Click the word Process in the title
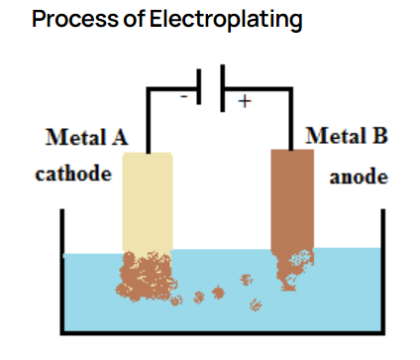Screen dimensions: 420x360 tap(75, 19)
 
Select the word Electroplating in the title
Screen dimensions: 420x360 tap(226, 20)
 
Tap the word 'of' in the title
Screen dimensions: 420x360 tap(134, 19)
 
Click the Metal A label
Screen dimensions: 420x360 tap(86, 137)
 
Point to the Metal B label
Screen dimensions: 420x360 tap(347, 136)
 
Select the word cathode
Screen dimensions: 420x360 tap(73, 174)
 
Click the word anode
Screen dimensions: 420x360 tap(359, 177)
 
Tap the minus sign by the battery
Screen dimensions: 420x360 tap(184, 96)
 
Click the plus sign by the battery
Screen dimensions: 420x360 tap(245, 101)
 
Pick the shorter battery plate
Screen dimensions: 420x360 tap(199, 86)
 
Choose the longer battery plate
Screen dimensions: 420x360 tap(223, 88)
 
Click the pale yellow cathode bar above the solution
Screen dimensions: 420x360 tap(148, 202)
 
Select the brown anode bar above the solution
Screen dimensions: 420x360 tap(292, 199)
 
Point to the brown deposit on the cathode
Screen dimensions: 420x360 tap(146, 276)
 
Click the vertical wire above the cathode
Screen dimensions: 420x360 tap(149, 120)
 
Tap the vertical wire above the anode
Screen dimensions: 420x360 tap(291, 119)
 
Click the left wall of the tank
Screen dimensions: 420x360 tap(62, 271)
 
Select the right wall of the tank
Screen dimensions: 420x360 tap(383, 271)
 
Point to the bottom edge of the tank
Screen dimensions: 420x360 tap(223, 333)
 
